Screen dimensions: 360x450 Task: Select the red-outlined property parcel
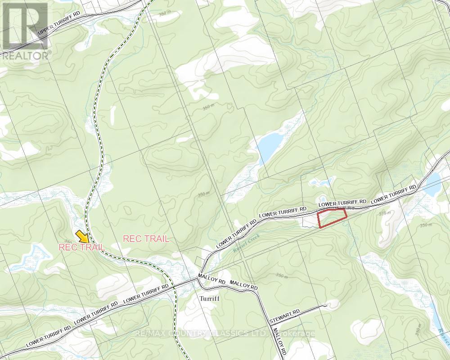point(332,218)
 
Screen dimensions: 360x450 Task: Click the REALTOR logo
point(24,30)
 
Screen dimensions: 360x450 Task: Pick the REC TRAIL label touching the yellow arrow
point(82,247)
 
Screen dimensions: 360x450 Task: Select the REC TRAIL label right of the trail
point(146,239)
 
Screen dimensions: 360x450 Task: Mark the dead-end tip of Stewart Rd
point(325,306)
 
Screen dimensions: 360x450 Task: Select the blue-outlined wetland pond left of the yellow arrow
point(29,256)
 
